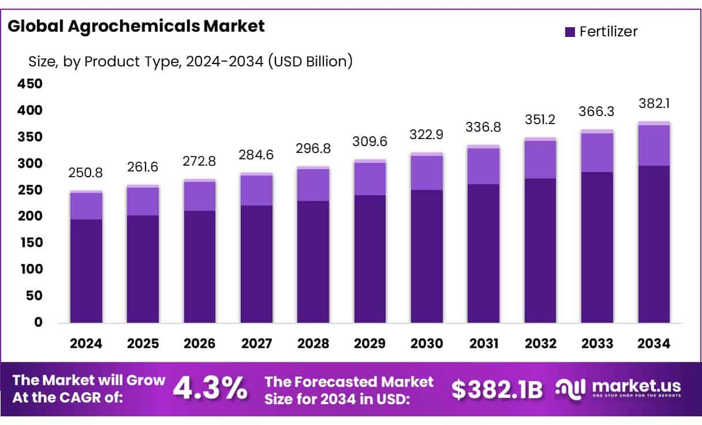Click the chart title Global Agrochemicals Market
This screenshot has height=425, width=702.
136,26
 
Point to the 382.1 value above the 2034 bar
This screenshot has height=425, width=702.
654,105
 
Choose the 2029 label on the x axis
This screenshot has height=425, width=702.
370,344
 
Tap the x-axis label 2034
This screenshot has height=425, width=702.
654,344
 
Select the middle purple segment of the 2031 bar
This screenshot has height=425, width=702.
484,166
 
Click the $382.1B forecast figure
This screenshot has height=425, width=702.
497,390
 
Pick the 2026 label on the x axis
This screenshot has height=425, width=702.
200,344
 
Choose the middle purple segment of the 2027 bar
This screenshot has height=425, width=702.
256,190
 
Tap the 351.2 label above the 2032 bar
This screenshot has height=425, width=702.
540,120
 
